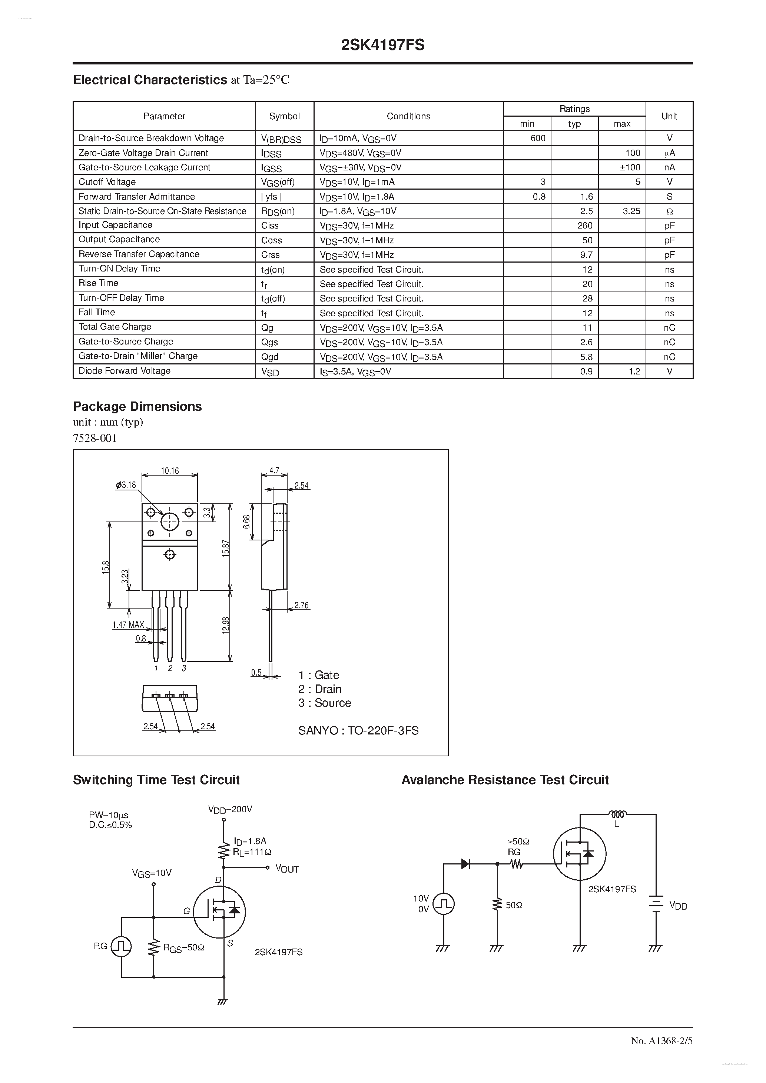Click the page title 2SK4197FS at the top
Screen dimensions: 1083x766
(383, 45)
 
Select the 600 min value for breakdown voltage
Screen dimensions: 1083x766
(538, 138)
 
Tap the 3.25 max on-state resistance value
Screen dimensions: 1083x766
(631, 211)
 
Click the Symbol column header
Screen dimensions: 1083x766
(284, 116)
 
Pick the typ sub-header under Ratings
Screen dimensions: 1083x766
(574, 124)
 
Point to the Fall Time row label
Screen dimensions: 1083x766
(97, 312)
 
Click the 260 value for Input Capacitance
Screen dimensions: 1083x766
(585, 226)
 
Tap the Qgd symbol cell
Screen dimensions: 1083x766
(270, 357)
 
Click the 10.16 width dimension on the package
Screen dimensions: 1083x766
(170, 471)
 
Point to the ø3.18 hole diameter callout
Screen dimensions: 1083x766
(126, 485)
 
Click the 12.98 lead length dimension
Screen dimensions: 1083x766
(226, 625)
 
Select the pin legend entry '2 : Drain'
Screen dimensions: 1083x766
(319, 689)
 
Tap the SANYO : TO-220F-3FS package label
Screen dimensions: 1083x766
(358, 731)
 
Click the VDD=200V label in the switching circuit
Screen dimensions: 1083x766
(231, 809)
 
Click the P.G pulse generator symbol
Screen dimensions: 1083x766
(121, 947)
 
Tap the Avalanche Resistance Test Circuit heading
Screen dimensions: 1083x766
(505, 780)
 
